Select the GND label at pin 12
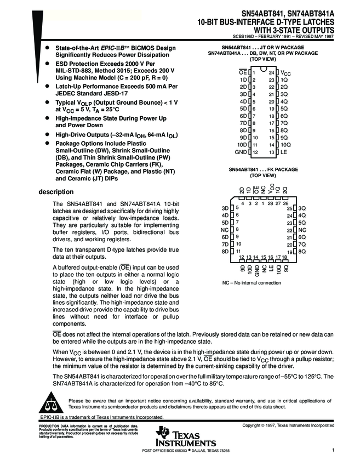click(240, 151)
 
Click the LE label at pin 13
click(284, 151)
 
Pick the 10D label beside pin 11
click(241, 144)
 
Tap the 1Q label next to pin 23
click(284, 79)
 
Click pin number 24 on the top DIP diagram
click(271, 72)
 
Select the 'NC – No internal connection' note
click(252, 283)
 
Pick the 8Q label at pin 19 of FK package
click(302, 251)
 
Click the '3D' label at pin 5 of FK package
click(225, 208)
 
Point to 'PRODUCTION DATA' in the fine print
click(51, 426)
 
